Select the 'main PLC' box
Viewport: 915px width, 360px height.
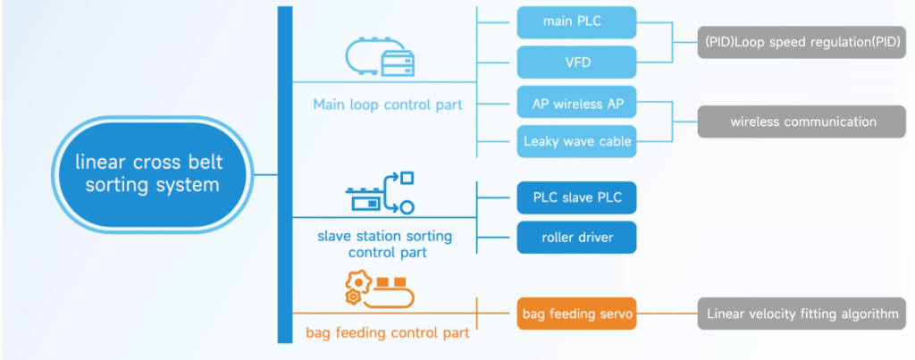577,21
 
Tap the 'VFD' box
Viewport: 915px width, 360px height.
577,63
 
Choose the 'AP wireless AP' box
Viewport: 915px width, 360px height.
577,103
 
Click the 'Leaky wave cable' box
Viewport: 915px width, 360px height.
577,141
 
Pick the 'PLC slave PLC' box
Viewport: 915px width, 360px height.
577,197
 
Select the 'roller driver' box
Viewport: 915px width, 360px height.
577,238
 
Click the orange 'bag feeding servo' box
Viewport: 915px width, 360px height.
577,314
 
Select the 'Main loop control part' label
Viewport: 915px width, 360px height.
388,105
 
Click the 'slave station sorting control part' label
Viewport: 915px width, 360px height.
384,244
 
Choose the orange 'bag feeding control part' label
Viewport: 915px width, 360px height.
388,333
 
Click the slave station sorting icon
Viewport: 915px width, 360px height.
380,193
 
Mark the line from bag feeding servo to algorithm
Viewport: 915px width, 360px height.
667,314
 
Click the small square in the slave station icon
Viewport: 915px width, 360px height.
407,178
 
